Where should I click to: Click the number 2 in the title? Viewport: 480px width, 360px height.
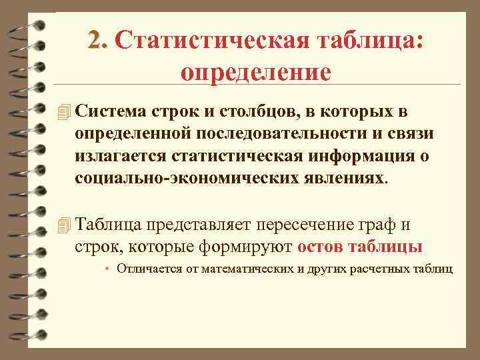(x=97, y=41)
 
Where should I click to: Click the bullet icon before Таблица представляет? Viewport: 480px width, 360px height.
(x=64, y=225)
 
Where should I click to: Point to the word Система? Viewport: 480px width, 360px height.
(x=109, y=110)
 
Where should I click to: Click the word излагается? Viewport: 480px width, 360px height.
(x=121, y=157)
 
